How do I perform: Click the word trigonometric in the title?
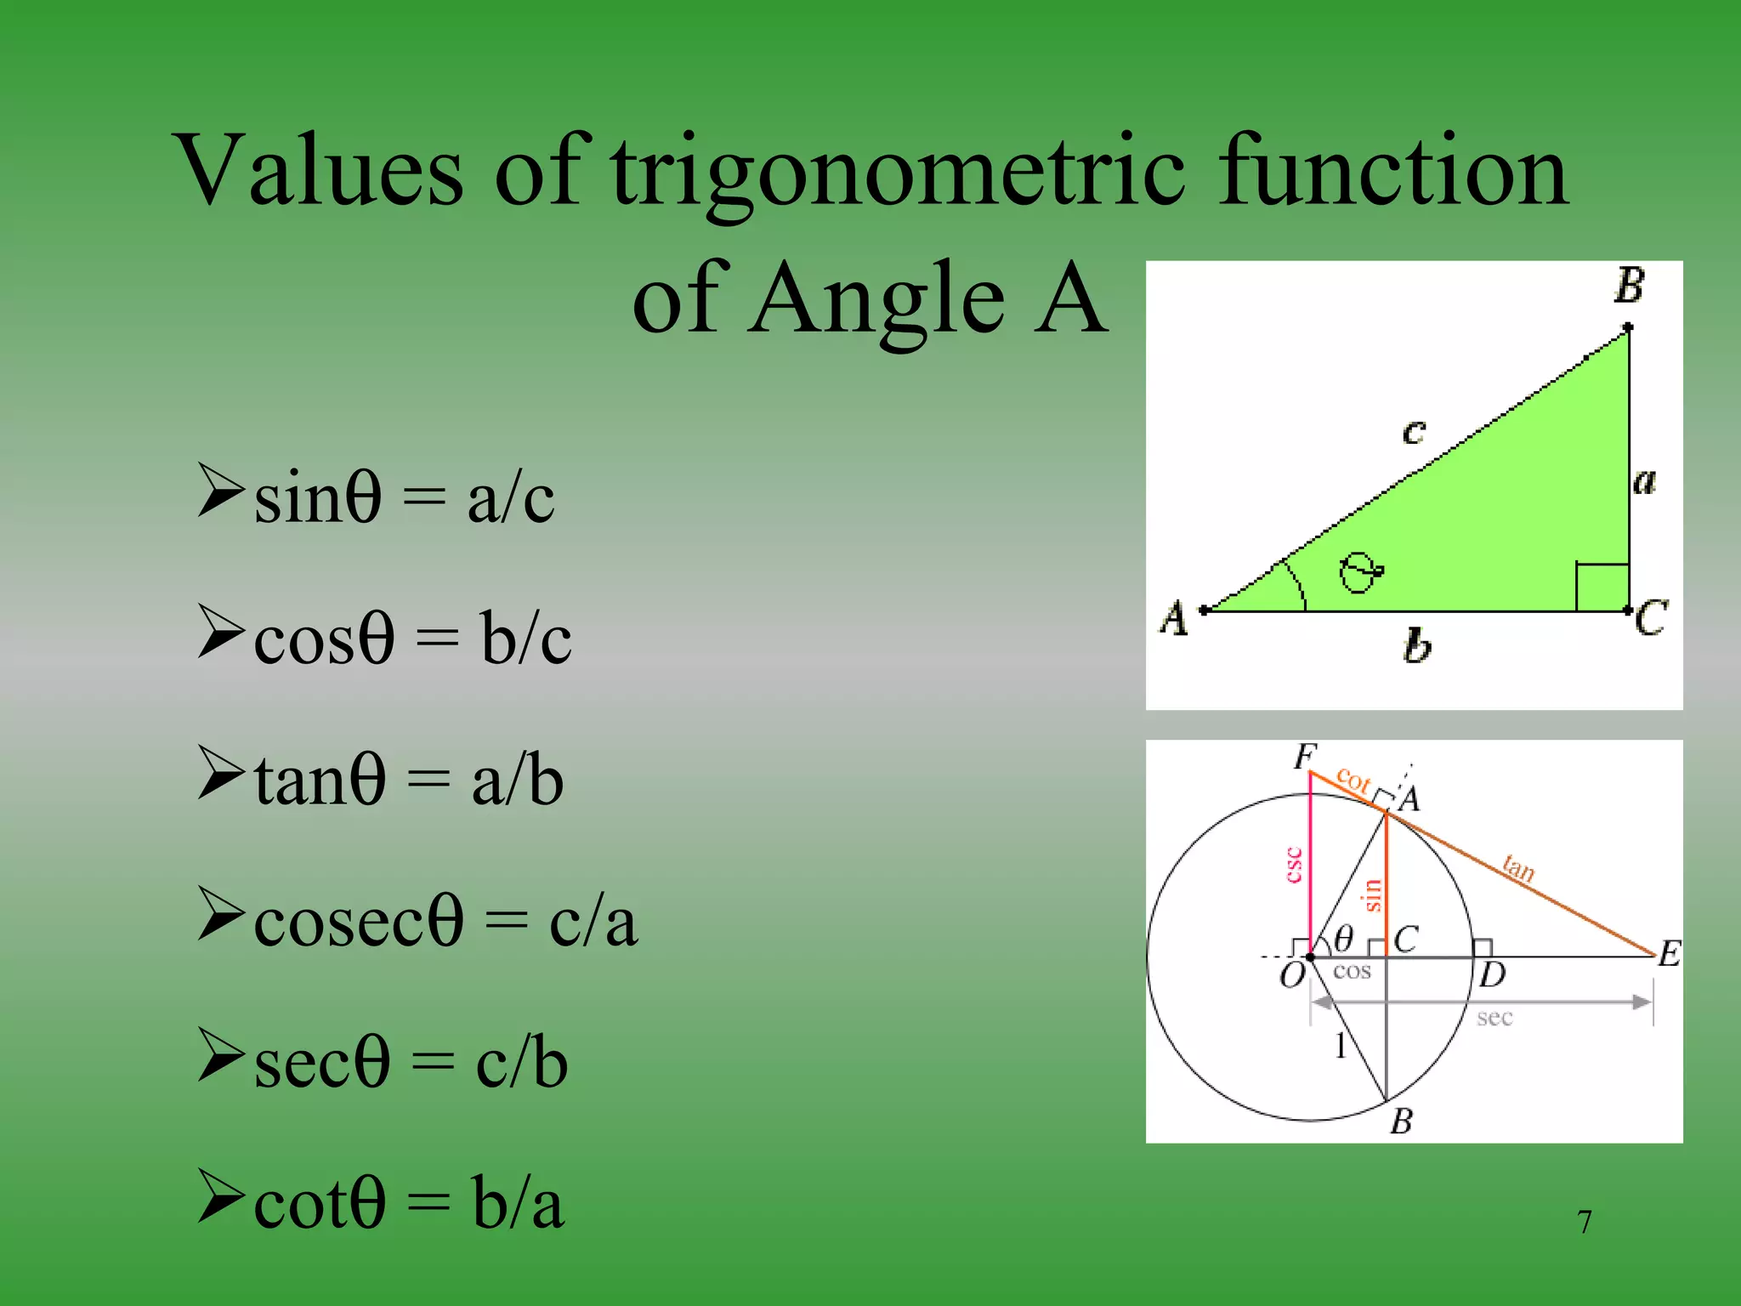(x=897, y=174)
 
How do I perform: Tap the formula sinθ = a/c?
(x=404, y=497)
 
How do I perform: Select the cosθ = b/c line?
(x=412, y=639)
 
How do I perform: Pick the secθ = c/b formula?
(x=411, y=1063)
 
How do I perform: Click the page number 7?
(x=1585, y=1223)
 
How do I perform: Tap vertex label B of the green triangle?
(x=1629, y=286)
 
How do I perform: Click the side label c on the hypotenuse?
(x=1413, y=432)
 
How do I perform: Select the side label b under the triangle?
(x=1416, y=646)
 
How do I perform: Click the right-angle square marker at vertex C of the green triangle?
(x=1602, y=587)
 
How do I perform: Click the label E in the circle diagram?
(x=1670, y=953)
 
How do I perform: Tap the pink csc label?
(x=1294, y=865)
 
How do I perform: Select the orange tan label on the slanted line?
(x=1518, y=868)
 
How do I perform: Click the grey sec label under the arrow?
(x=1494, y=1018)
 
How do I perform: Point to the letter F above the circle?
(x=1305, y=756)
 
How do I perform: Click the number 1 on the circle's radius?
(x=1341, y=1046)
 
